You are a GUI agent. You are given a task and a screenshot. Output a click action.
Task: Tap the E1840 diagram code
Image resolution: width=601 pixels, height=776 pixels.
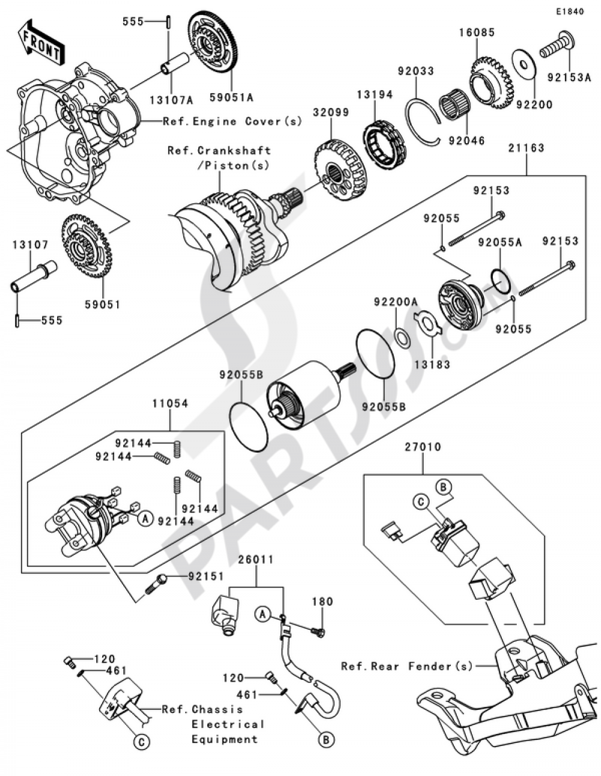[x=569, y=11]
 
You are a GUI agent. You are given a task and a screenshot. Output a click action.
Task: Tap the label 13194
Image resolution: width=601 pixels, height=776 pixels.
[x=374, y=94]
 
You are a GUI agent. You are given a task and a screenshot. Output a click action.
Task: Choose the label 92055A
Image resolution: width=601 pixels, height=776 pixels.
[x=500, y=242]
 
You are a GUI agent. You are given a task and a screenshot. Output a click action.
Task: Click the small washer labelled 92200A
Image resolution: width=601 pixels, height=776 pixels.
[x=403, y=338]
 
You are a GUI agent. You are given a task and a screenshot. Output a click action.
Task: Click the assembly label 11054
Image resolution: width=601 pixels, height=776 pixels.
[x=169, y=404]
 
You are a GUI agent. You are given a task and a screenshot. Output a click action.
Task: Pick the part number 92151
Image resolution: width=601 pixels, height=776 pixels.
[x=206, y=576]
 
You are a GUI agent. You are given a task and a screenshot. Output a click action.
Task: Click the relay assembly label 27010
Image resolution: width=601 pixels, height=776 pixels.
[x=423, y=447]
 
